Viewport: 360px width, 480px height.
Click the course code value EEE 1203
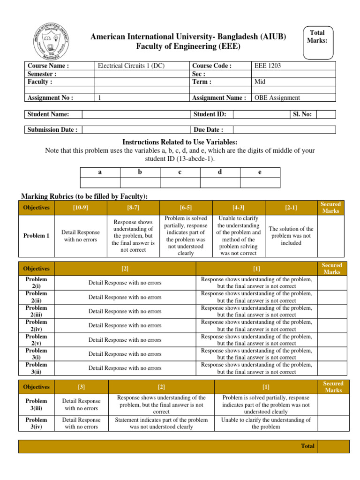[x=268, y=66]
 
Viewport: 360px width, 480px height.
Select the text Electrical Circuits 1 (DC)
[x=131, y=66]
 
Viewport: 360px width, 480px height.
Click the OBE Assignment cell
[x=277, y=98]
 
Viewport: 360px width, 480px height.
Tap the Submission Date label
[x=52, y=130]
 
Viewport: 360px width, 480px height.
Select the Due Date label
[x=208, y=130]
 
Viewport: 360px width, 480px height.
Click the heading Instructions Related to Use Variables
[x=180, y=142]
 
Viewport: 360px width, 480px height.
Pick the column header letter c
[x=180, y=172]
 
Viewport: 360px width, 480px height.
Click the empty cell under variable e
[x=260, y=183]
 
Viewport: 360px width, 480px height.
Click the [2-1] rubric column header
[x=291, y=208]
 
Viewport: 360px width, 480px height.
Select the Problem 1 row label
[x=37, y=236]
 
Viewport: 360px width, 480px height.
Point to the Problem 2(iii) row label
[x=37, y=311]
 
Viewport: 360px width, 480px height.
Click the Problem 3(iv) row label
[x=37, y=423]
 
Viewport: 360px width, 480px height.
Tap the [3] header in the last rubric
[x=82, y=387]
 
